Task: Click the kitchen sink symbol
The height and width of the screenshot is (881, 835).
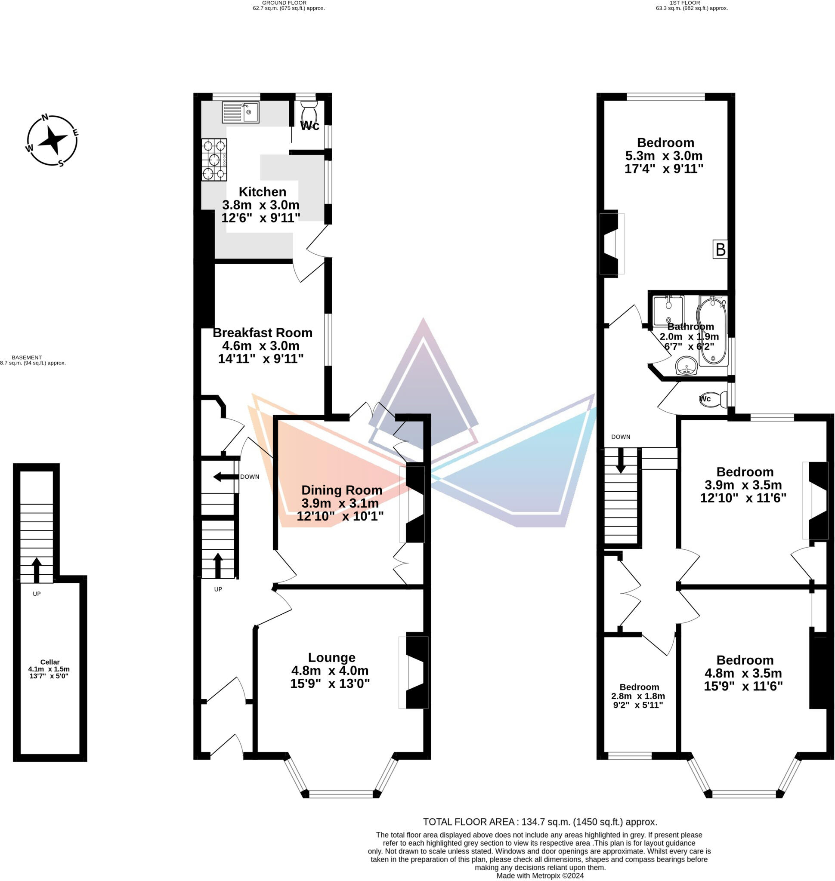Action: click(240, 112)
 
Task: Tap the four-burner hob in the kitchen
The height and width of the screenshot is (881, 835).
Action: click(214, 160)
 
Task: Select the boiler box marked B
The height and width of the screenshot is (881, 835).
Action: click(720, 249)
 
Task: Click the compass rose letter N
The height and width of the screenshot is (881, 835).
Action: click(45, 118)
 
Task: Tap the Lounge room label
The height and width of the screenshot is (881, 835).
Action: click(331, 657)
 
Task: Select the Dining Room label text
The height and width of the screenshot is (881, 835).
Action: click(341, 490)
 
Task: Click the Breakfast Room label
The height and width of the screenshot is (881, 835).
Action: click(262, 333)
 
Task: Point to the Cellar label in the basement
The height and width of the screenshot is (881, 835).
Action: click(50, 662)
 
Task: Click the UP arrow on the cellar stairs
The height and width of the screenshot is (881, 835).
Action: click(37, 570)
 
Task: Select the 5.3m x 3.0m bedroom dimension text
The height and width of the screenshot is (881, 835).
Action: click(664, 156)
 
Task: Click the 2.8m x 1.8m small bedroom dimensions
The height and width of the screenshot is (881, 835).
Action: click(638, 696)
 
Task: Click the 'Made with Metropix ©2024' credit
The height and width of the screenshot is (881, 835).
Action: click(539, 876)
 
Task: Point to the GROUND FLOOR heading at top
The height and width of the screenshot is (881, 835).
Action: click(284, 3)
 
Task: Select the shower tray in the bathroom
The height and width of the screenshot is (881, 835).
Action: click(668, 311)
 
